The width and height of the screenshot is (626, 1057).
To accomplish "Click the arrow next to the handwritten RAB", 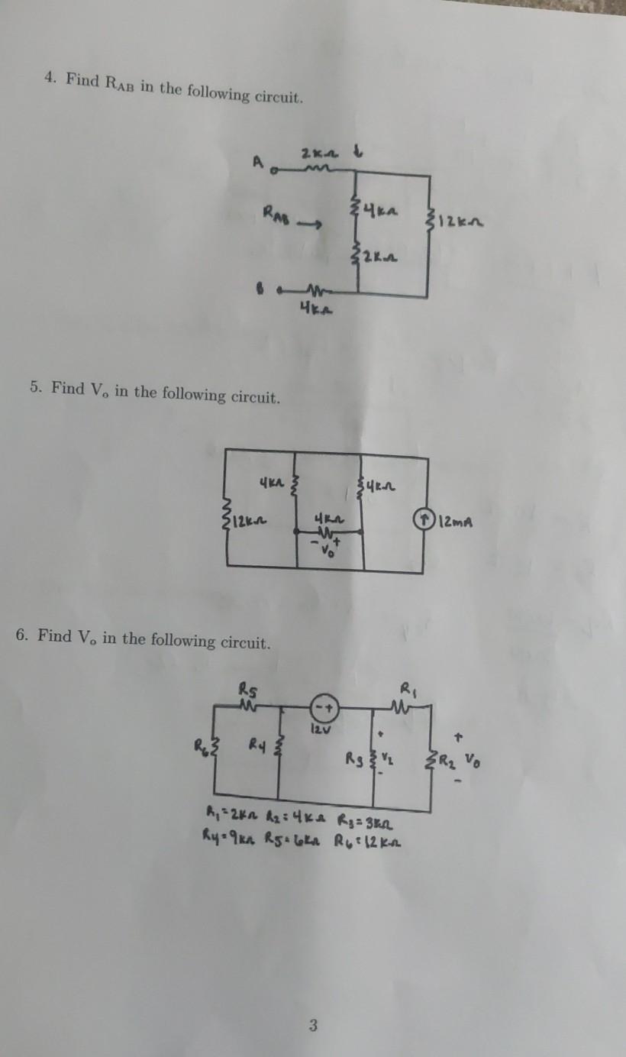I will (308, 225).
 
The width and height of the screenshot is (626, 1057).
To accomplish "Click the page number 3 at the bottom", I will (312, 1026).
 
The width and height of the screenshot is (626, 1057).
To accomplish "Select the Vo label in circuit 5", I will (329, 551).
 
